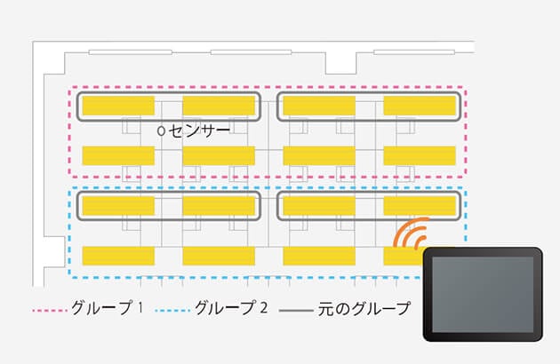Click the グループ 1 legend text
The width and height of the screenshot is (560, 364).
(x=107, y=307)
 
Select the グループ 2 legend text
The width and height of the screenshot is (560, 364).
(x=231, y=307)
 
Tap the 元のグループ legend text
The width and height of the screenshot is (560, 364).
(x=364, y=309)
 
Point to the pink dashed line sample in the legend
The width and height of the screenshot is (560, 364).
(x=50, y=311)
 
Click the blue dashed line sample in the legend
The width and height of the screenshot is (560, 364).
(x=172, y=311)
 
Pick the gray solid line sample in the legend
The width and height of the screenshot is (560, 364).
(x=296, y=311)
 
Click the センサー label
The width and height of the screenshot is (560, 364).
(x=199, y=131)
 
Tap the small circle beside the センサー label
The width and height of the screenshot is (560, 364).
(x=161, y=131)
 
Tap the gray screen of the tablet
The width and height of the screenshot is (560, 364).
(x=483, y=295)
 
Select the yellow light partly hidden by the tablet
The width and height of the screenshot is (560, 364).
(x=404, y=256)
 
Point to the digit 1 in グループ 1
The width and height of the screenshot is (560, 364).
(x=140, y=307)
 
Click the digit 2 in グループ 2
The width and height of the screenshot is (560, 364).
(x=264, y=307)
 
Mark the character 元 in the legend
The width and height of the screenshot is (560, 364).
(x=325, y=309)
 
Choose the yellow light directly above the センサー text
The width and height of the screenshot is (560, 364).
(x=219, y=106)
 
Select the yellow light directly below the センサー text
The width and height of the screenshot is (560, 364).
(x=219, y=155)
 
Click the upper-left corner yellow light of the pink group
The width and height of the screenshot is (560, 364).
(x=118, y=106)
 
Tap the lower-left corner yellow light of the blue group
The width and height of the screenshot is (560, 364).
(x=118, y=256)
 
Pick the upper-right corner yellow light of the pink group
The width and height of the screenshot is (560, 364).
(x=420, y=106)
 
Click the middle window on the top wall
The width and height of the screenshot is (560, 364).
(x=251, y=52)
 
